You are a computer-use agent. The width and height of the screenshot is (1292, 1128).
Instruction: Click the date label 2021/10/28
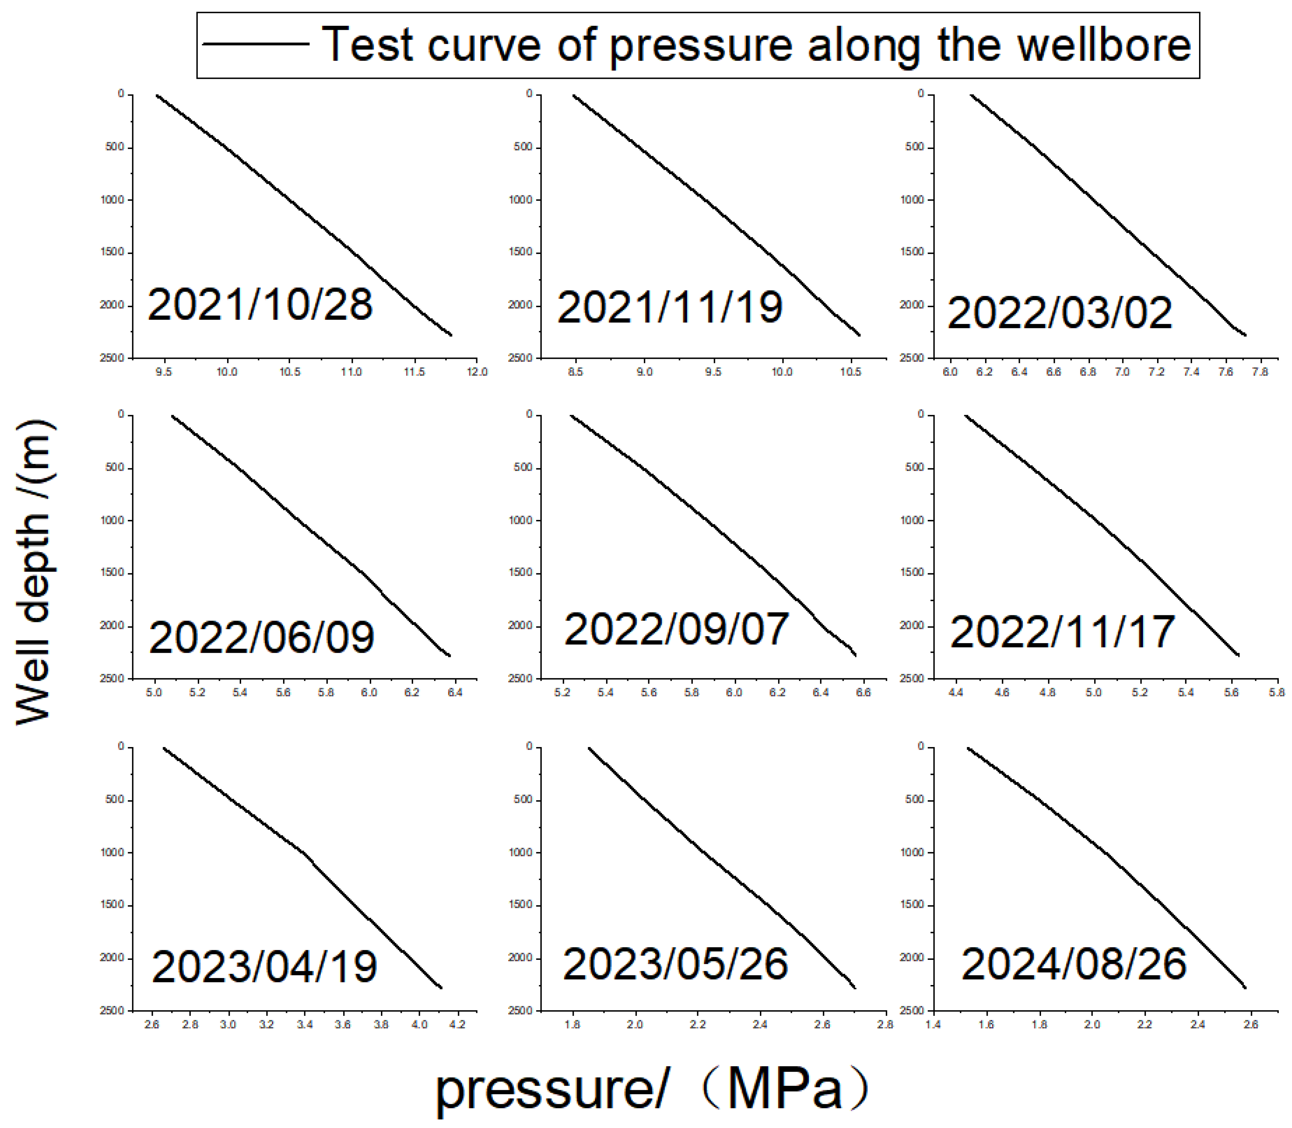click(260, 305)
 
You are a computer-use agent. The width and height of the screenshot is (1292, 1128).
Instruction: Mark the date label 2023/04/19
click(264, 967)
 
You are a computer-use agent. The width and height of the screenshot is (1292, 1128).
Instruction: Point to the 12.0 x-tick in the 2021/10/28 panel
click(477, 372)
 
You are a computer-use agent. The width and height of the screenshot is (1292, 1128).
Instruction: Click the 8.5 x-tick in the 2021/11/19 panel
click(575, 372)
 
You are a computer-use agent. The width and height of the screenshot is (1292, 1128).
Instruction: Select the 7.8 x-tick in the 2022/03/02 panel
click(1259, 372)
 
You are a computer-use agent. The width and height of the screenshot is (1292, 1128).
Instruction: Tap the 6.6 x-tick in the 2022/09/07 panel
click(864, 692)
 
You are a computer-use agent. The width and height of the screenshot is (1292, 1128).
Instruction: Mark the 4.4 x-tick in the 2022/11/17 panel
click(956, 692)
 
